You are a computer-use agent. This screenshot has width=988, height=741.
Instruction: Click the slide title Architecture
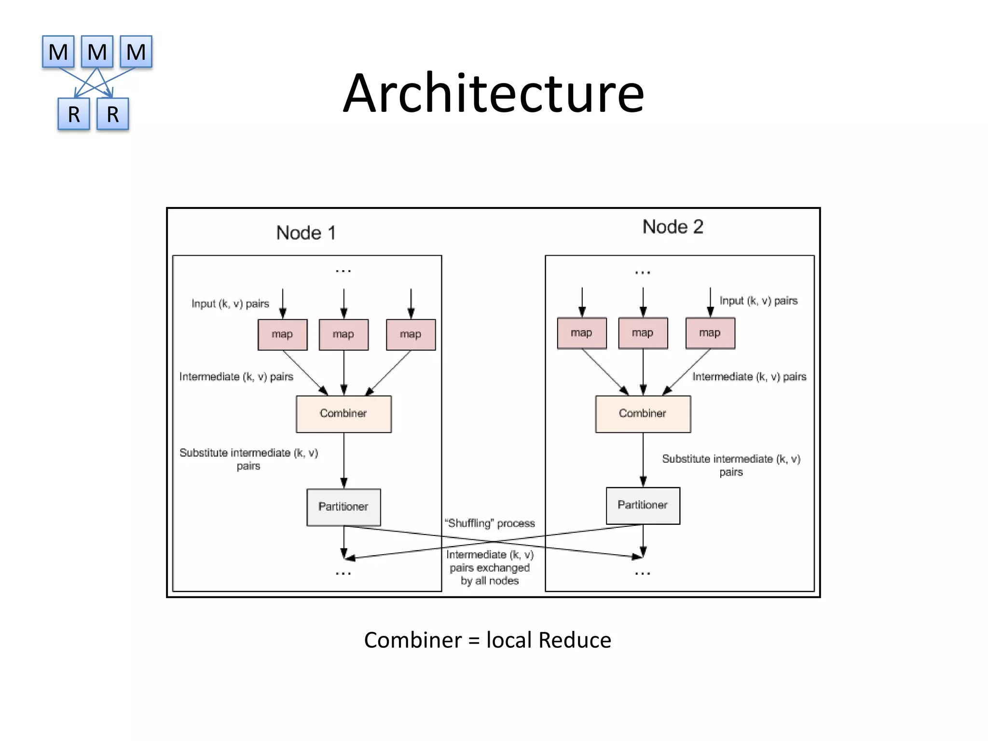point(494,93)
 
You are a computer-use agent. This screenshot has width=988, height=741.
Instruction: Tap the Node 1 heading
point(305,233)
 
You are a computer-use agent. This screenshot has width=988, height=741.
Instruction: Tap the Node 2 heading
point(672,227)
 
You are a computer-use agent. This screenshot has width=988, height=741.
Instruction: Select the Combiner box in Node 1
point(343,414)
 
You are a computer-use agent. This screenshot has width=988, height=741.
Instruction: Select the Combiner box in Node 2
point(643,414)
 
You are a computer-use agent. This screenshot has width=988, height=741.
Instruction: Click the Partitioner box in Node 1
point(343,507)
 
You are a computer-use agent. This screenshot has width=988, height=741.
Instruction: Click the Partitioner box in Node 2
point(643,505)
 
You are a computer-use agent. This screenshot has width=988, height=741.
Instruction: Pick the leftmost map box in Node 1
point(282,334)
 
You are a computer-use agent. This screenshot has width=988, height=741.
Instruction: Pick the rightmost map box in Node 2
point(710,333)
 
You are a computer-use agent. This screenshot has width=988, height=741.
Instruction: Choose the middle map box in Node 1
point(343,334)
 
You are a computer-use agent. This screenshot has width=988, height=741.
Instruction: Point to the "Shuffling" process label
point(490,523)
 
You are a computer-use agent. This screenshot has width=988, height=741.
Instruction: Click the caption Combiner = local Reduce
point(487,640)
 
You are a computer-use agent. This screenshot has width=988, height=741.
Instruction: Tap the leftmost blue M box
point(58,52)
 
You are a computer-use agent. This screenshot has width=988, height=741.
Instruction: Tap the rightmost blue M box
point(136,52)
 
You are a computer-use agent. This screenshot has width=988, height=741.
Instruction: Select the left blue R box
point(74,114)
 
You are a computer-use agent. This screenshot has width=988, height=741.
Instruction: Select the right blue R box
point(112,114)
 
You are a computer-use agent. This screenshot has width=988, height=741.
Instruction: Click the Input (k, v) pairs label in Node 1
point(230,304)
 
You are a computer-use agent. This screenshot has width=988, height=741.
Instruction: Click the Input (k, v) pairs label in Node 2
point(758,301)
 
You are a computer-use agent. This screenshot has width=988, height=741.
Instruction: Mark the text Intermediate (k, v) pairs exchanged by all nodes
point(490,568)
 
